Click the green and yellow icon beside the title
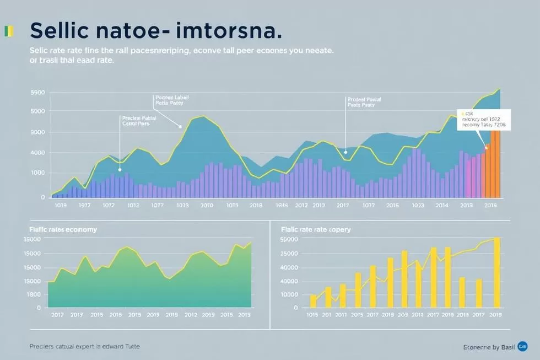[7, 31]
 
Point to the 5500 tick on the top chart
[37, 93]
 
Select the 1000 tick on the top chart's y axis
[37, 173]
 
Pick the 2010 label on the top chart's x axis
[207, 205]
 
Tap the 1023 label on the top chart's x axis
[418, 205]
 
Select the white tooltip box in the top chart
[484, 119]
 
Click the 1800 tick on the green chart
[33, 294]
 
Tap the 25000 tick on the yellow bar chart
[289, 253]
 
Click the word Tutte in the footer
[129, 346]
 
